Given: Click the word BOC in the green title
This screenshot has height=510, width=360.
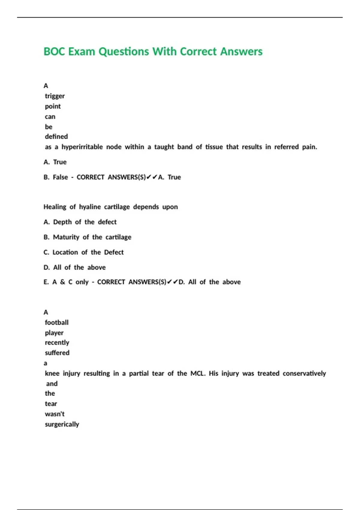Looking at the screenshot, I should pos(54,52).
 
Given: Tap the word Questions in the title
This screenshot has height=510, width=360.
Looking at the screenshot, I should pos(124,52).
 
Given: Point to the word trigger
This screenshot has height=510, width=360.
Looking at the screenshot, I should pos(55,96).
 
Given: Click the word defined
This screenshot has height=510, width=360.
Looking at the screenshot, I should pos(56,137).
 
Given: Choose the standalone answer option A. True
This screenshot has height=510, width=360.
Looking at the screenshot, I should pos(55,162).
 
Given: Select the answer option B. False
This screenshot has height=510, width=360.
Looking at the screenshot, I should pos(56,177).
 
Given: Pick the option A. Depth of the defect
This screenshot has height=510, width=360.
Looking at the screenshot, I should pos(80,222).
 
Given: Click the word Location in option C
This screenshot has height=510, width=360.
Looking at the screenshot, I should pos(65,252).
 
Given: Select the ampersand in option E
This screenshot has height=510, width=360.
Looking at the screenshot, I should pos(62,282).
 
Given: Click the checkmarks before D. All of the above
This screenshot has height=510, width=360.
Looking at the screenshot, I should pos(172,282).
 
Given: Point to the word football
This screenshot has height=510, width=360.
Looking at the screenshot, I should pos(57,322).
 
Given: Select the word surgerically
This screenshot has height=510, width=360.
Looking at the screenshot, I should pos(62,424).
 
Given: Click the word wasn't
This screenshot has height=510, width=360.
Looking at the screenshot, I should pos(55,414).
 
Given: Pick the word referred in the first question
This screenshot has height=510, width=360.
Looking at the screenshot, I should pos(286,147).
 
